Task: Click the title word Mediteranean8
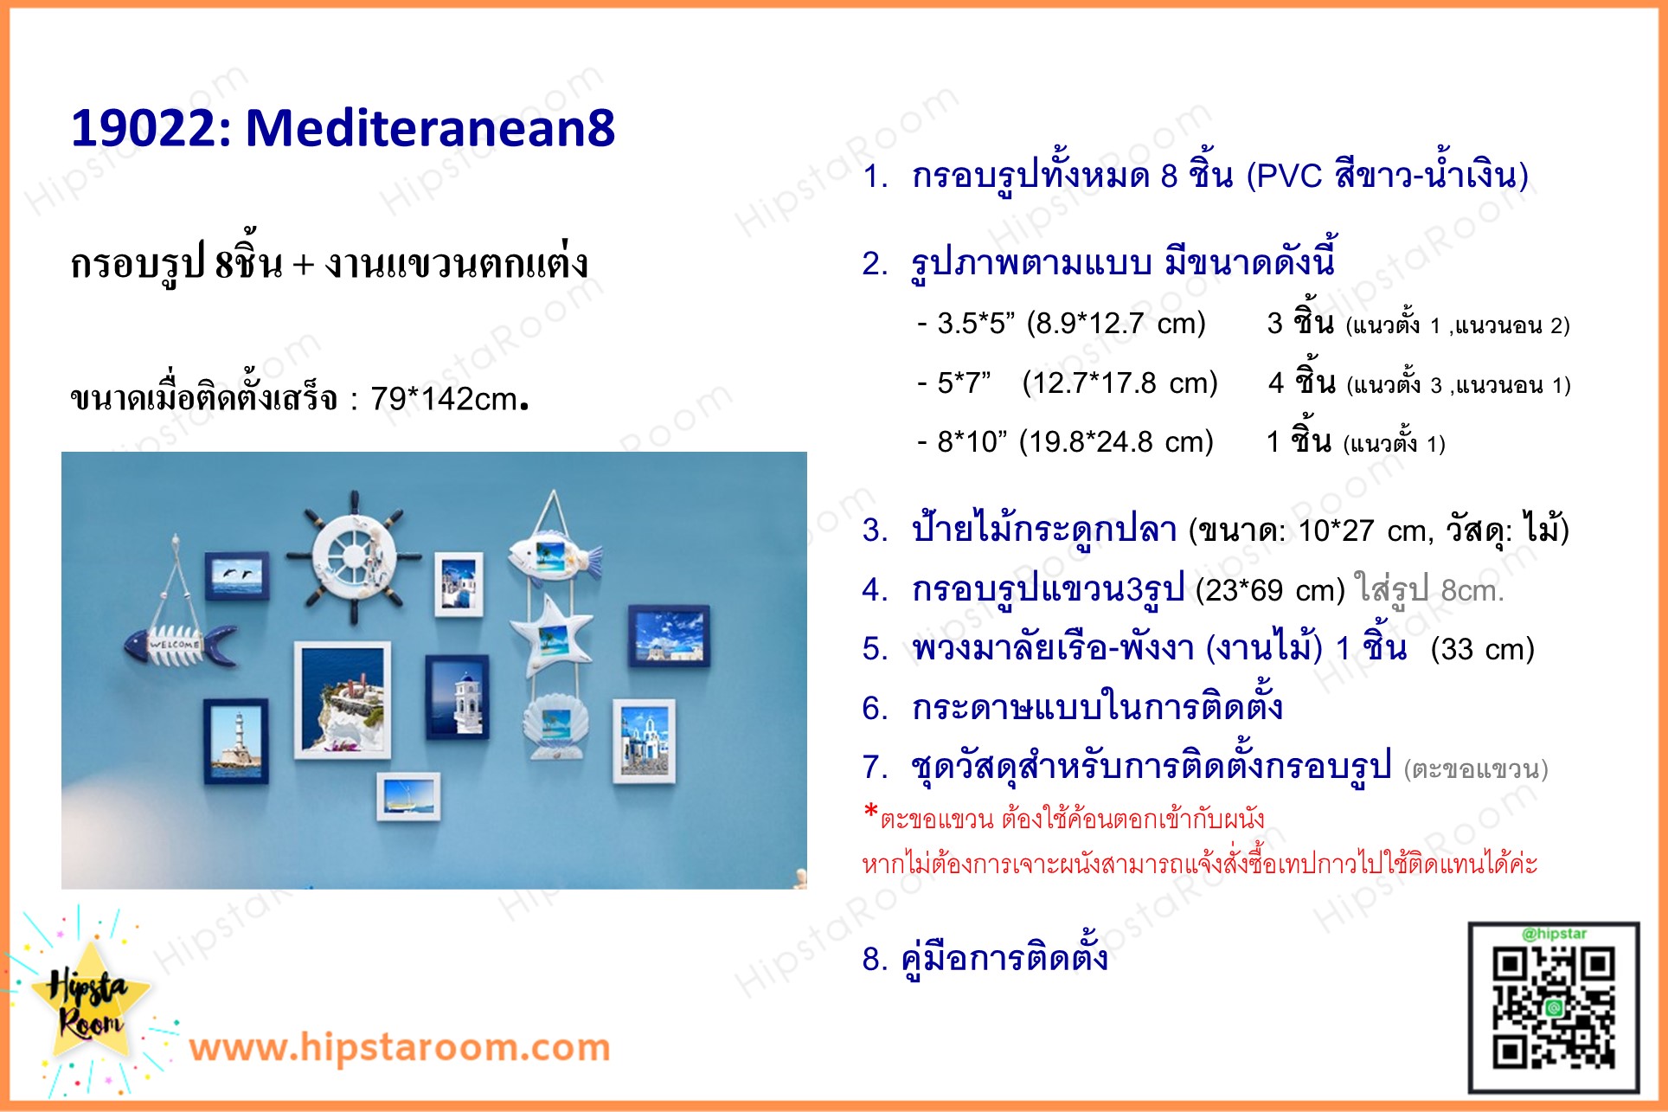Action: point(430,128)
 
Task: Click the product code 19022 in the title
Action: point(143,128)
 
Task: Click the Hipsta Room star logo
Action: point(87,1004)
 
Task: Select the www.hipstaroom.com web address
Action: point(400,1047)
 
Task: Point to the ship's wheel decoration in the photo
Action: point(354,554)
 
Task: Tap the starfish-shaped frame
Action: point(552,636)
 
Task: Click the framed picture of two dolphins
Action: point(237,575)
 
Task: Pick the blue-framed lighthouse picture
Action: point(236,742)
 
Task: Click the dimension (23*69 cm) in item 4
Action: point(1270,590)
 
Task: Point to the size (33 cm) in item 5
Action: point(1482,649)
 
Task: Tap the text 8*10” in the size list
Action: point(972,442)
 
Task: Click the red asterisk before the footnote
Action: point(870,813)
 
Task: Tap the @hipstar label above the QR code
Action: point(1554,934)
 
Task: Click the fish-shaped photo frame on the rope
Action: point(552,554)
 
